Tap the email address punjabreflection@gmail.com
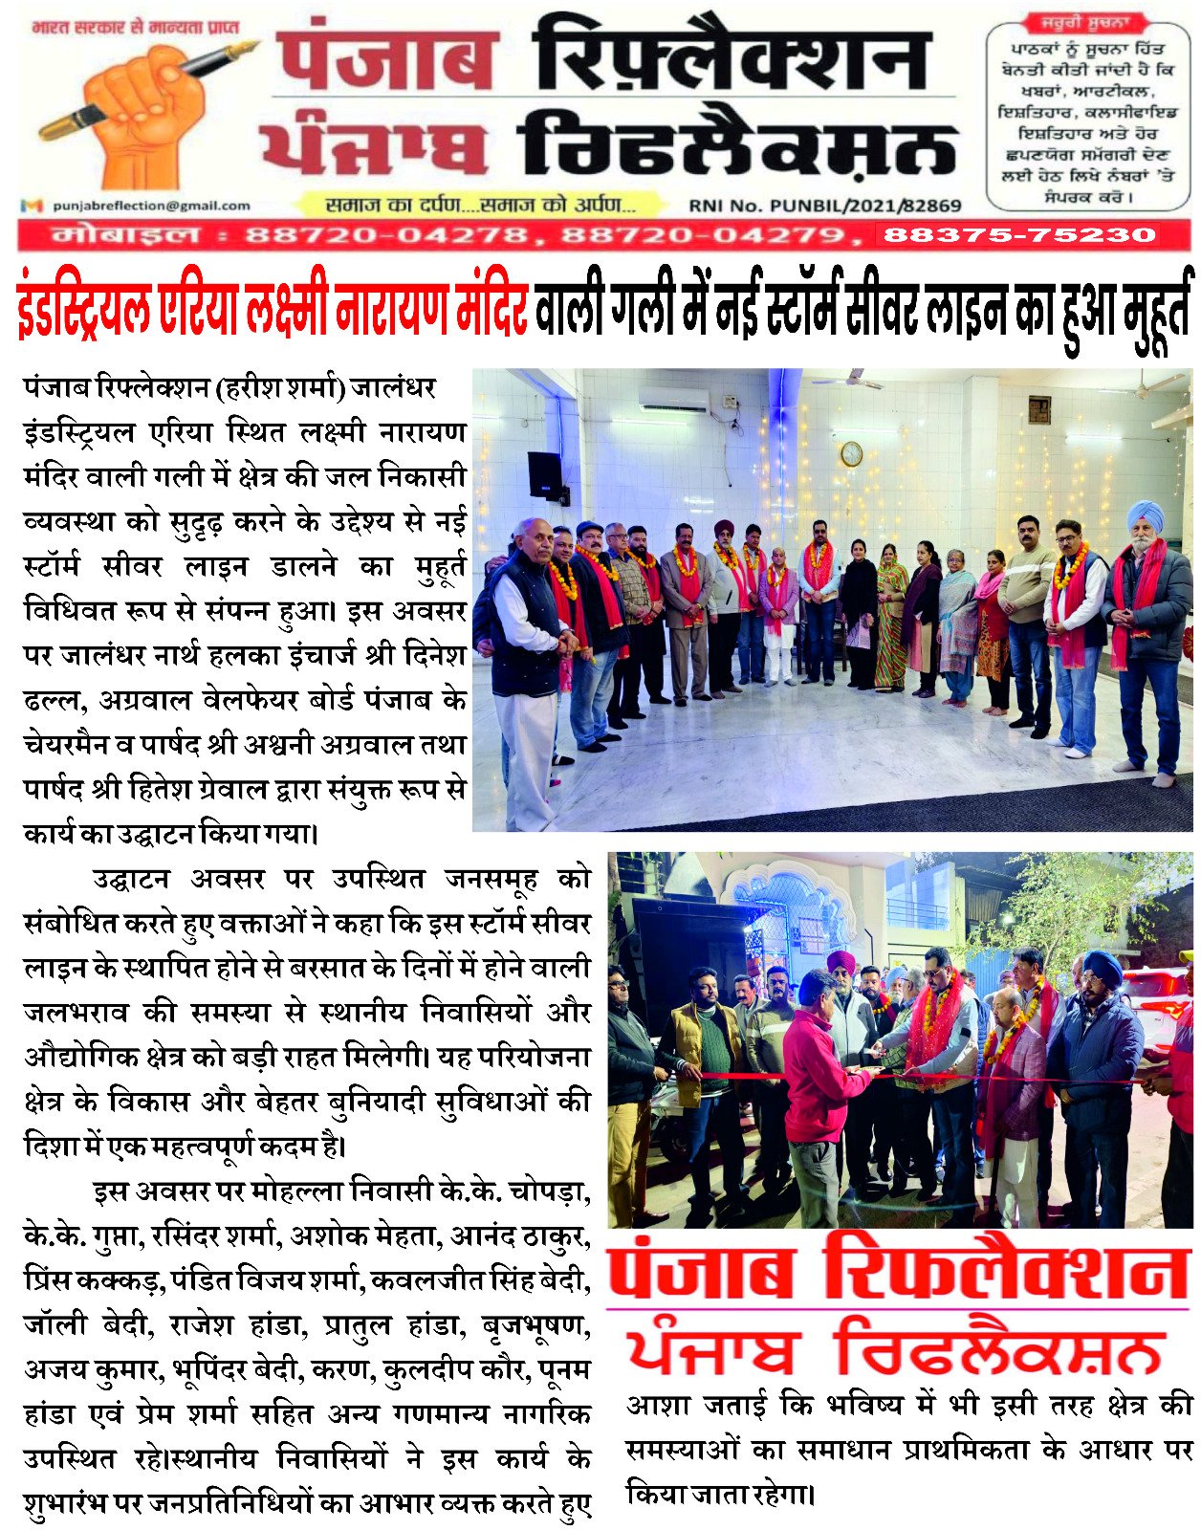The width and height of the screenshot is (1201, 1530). (151, 206)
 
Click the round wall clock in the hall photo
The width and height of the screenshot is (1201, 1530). (851, 453)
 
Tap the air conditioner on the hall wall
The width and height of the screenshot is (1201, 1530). (673, 400)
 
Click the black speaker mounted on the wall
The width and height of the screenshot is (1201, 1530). (545, 475)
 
